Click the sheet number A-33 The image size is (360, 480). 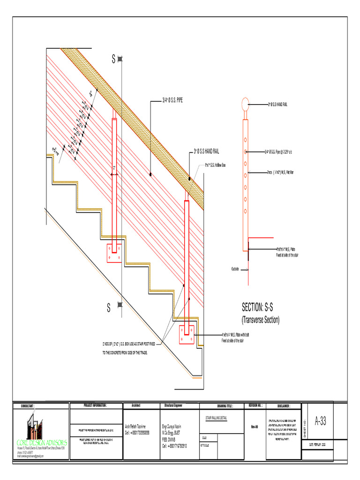coord(320,421)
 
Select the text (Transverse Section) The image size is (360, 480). coord(260,320)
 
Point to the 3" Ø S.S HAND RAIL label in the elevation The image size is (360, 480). coord(206,151)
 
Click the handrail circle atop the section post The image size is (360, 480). coord(245,104)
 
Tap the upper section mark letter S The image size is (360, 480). coord(112,59)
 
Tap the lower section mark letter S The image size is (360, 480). coord(108,308)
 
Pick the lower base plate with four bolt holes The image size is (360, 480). coord(186,334)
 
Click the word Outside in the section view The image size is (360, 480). coord(235,269)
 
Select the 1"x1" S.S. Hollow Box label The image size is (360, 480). coord(215,165)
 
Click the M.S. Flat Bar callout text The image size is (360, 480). coord(280,172)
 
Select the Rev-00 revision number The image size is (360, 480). coord(254,427)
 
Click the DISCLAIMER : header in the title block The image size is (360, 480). coord(284,405)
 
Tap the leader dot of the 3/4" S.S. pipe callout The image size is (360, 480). coord(150,174)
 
